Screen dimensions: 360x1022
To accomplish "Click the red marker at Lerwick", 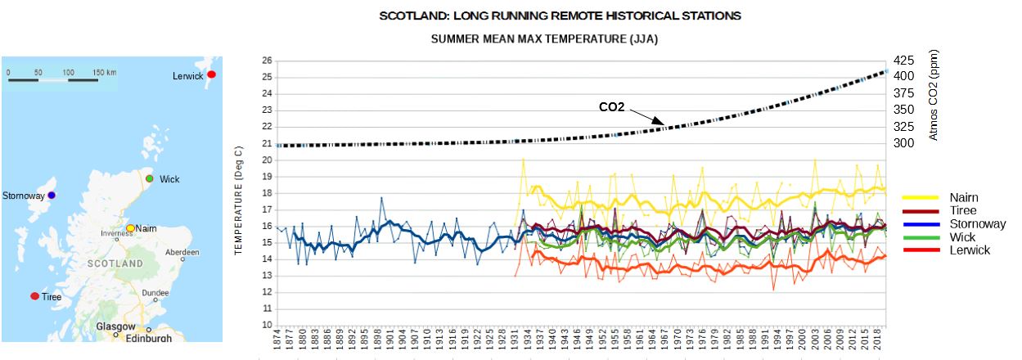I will pyautogui.click(x=211, y=74).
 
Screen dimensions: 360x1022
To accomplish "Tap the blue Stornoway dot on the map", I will pyautogui.click(x=51, y=196).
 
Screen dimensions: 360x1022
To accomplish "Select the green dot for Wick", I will pyautogui.click(x=149, y=178).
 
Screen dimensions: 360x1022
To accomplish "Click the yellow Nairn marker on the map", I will pyautogui.click(x=130, y=227).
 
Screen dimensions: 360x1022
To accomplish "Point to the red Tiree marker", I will pyautogui.click(x=34, y=296).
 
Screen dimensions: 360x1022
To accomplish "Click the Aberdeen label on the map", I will pyautogui.click(x=181, y=253).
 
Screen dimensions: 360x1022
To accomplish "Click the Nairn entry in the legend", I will pyautogui.click(x=964, y=197).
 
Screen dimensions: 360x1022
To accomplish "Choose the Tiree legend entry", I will pyautogui.click(x=963, y=210).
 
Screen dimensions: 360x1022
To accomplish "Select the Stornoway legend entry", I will pyautogui.click(x=977, y=223).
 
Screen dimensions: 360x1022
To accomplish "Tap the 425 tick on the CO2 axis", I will pyautogui.click(x=904, y=61).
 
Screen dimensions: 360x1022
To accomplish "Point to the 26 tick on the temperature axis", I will pyautogui.click(x=266, y=61).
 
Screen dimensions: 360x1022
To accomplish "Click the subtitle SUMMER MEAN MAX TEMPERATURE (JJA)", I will pyautogui.click(x=544, y=38).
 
